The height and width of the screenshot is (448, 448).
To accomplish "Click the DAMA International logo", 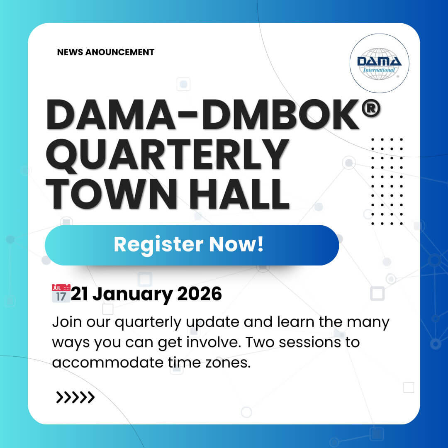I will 379,63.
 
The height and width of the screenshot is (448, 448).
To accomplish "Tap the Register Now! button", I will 192,245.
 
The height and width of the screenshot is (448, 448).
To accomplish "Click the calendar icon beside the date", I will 61,293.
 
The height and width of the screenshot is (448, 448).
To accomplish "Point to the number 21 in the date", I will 80,294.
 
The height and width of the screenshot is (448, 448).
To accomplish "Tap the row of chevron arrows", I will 75,397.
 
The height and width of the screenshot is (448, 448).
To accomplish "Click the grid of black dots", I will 387,181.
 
